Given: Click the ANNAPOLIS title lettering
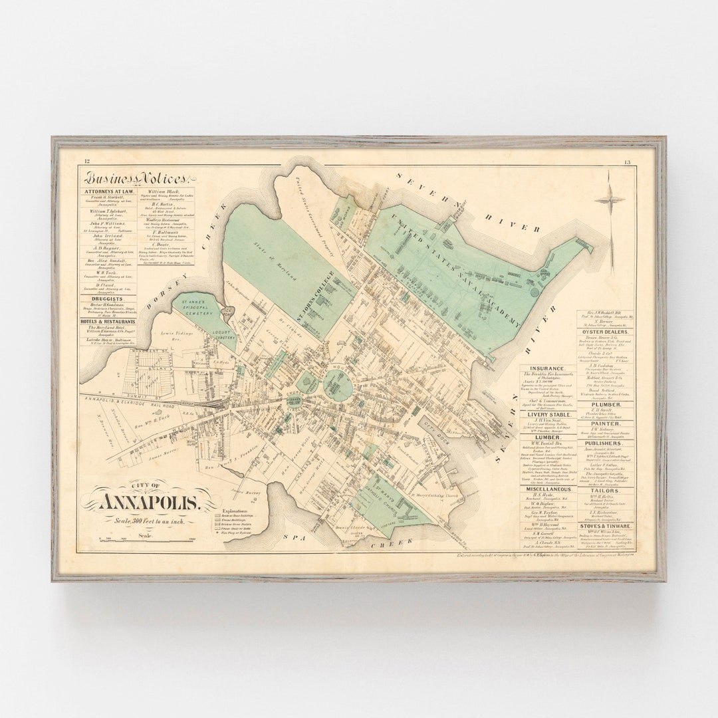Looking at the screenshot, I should pos(148,503).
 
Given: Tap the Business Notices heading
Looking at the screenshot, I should pos(136,178).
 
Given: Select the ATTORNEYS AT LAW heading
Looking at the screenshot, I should pos(110,191).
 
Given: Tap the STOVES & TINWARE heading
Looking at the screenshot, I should pos(605,526).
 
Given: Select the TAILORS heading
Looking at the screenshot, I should pos(605,491).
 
